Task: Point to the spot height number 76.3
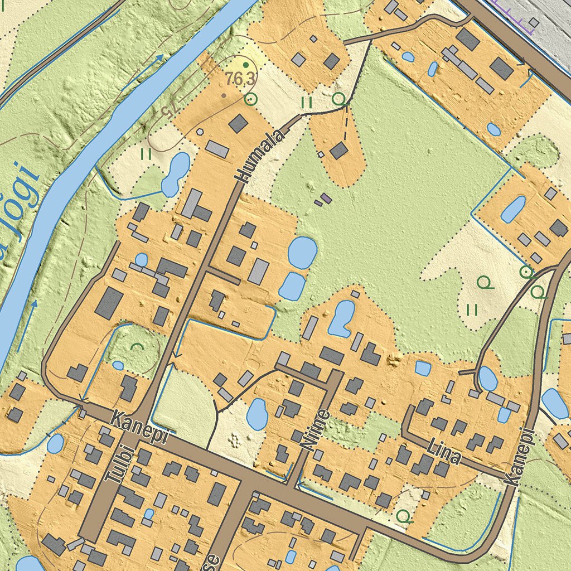[x=241, y=79]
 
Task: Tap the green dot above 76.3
[x=245, y=65]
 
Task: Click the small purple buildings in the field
[x=323, y=200]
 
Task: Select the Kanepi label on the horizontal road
[x=139, y=427]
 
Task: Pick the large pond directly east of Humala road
[x=302, y=253]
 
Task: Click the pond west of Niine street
[x=257, y=414]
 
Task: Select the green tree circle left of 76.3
[x=251, y=100]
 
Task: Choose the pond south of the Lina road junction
[x=488, y=379]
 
